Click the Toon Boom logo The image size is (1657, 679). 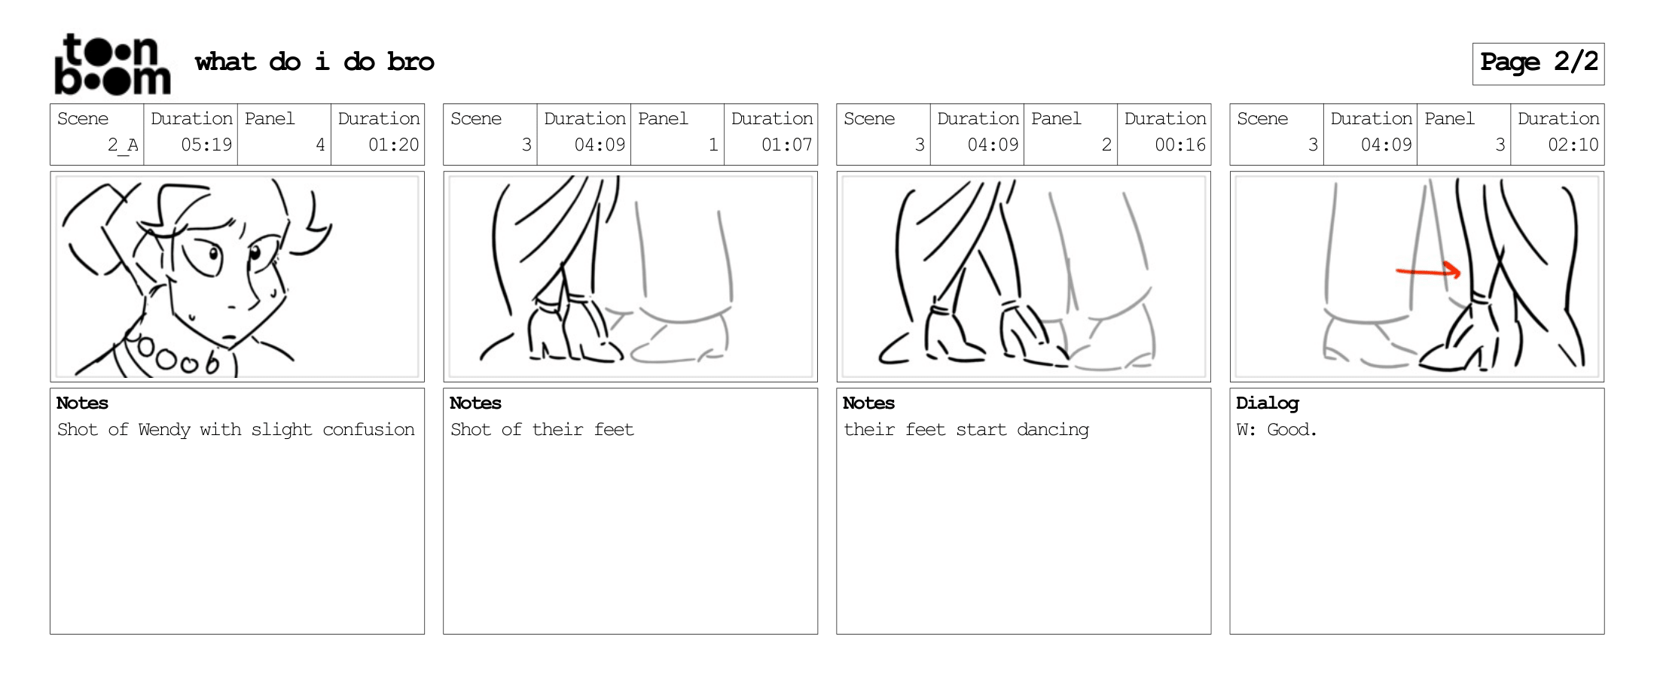[x=112, y=64]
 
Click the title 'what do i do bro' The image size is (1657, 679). [x=315, y=62]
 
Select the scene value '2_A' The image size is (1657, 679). [x=123, y=145]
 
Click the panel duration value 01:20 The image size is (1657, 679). [x=393, y=145]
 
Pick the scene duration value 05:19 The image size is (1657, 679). [x=206, y=145]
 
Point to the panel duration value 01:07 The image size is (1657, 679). [x=786, y=145]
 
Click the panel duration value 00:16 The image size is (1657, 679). [x=1180, y=145]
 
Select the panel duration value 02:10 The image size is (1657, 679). [x=1573, y=145]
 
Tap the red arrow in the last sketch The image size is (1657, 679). [x=1429, y=271]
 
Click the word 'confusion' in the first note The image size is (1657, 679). [x=368, y=430]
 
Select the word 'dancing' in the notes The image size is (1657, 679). [x=1053, y=430]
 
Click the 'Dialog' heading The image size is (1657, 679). [x=1268, y=403]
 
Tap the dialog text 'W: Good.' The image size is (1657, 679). [x=1277, y=430]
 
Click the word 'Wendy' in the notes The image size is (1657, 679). [x=164, y=430]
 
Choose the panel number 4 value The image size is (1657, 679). [x=320, y=145]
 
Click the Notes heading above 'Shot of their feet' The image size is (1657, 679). [x=475, y=403]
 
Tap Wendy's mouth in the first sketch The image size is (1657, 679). [x=230, y=336]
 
